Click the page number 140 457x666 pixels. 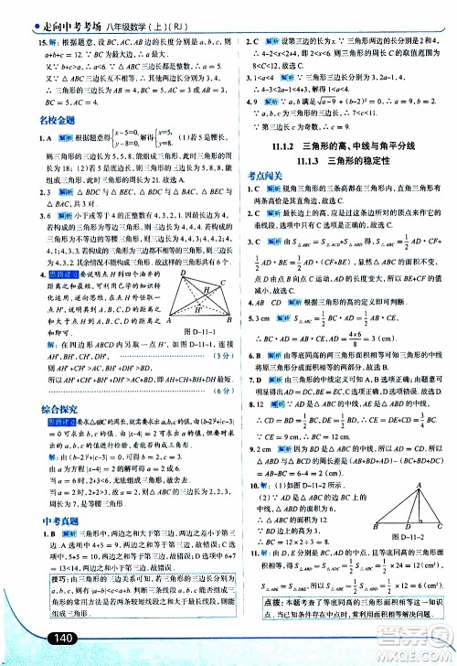point(42,638)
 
